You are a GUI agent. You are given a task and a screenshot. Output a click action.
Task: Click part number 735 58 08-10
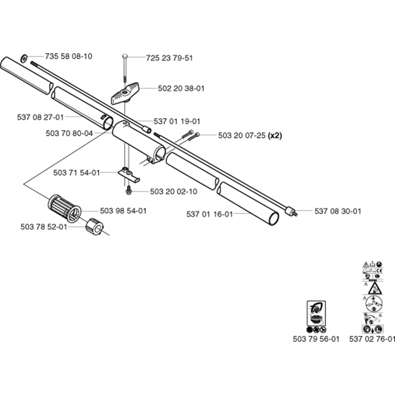[68, 56]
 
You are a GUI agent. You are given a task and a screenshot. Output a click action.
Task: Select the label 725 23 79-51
[169, 58]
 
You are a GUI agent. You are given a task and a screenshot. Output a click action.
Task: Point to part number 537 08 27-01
[40, 117]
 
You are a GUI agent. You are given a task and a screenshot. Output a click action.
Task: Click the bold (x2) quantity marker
[275, 135]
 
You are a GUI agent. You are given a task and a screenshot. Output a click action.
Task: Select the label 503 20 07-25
[241, 135]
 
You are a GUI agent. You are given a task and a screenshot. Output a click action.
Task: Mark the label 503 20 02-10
[174, 192]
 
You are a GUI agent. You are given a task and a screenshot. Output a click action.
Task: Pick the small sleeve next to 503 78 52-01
[94, 226]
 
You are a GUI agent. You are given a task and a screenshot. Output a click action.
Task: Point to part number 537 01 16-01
[209, 214]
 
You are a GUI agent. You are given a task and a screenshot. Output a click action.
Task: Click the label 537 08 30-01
[338, 211]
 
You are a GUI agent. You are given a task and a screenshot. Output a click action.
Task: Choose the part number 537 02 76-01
[372, 339]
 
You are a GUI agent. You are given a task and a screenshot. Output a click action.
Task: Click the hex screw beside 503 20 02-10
[128, 191]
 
